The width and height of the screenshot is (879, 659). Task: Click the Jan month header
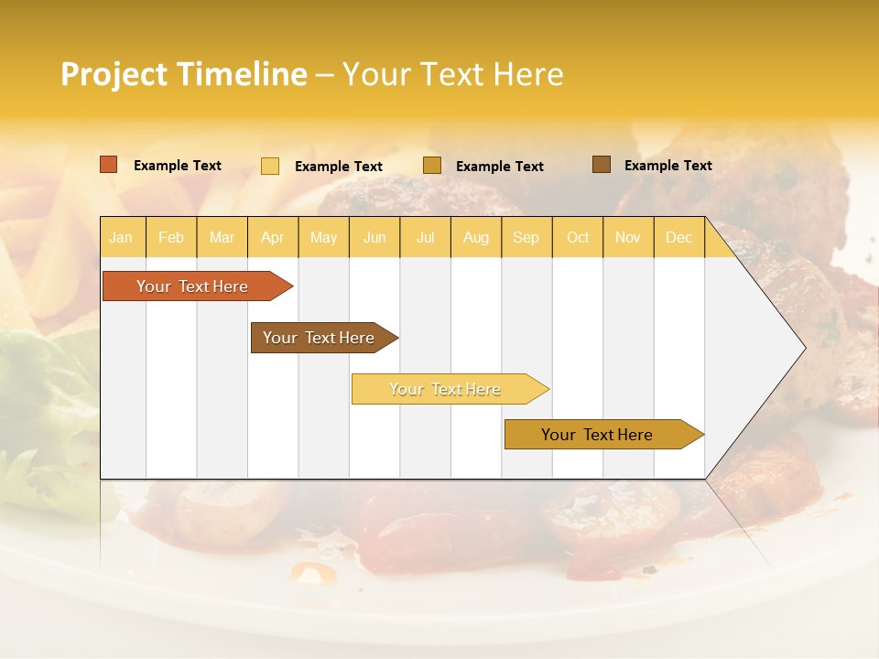(x=121, y=237)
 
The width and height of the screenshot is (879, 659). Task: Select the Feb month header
(x=171, y=237)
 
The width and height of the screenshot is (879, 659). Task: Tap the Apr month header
(x=273, y=237)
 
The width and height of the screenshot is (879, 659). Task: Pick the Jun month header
(x=374, y=237)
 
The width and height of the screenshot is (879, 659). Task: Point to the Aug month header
(x=476, y=237)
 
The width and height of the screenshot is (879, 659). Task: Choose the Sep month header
(x=526, y=237)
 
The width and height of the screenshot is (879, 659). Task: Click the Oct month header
(x=578, y=237)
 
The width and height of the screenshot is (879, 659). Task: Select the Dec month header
(x=679, y=237)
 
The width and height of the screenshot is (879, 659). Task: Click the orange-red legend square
(x=109, y=165)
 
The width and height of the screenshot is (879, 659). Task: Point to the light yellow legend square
(x=270, y=166)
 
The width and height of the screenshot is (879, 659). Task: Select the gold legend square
(x=432, y=165)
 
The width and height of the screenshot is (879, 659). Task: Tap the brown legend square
(x=602, y=165)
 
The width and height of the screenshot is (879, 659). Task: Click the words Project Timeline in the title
(x=184, y=74)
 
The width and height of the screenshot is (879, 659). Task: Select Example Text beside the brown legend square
(x=668, y=166)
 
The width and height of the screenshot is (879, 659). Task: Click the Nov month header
(x=628, y=237)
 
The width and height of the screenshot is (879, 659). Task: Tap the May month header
(x=323, y=237)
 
